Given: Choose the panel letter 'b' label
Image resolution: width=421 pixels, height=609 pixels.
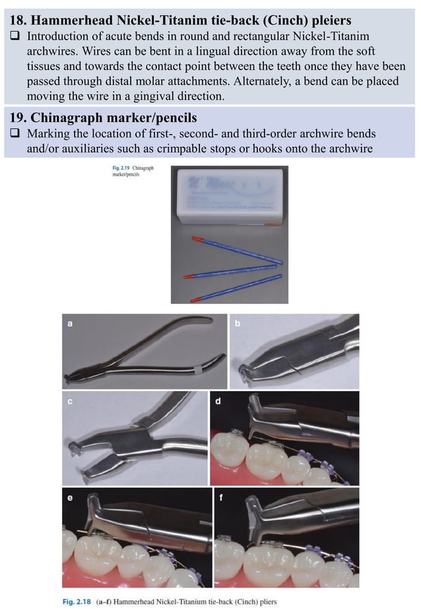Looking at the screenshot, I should click(237, 323).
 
